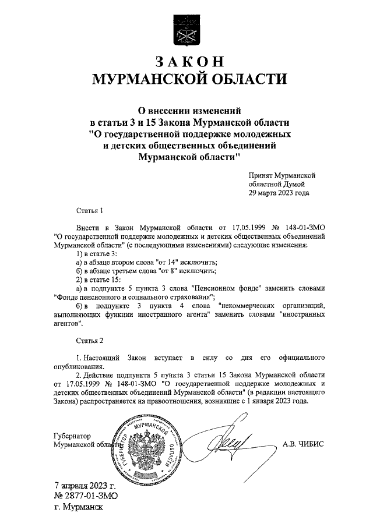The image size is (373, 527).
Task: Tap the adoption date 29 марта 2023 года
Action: [x=279, y=193]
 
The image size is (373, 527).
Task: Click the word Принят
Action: [x=262, y=174]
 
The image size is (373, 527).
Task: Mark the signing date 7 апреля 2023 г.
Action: [x=85, y=485]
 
